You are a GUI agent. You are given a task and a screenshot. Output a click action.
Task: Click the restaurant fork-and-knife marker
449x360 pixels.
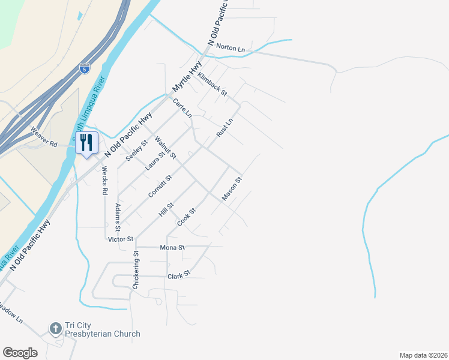pos(86,143)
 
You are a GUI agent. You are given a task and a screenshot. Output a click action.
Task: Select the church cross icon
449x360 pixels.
pos(55,328)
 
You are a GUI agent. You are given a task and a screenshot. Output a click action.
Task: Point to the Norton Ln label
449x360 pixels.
pos(231,47)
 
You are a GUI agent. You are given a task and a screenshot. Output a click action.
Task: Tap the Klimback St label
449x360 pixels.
pos(212,82)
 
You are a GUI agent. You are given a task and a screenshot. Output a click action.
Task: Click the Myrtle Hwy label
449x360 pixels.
pos(187,79)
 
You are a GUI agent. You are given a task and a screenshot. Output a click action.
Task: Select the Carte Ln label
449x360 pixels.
pos(182,108)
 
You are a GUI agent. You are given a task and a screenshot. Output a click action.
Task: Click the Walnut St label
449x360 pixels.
pos(165,148)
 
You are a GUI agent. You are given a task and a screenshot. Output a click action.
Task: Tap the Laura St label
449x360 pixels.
pos(154,161)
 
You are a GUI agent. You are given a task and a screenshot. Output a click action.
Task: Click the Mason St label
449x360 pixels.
pos(232,188)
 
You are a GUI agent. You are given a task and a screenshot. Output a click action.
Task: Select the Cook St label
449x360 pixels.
pos(187,217)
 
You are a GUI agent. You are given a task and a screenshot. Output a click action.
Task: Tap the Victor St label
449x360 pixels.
pos(120,239)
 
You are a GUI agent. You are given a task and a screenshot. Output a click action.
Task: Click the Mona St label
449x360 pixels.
pos(172,247)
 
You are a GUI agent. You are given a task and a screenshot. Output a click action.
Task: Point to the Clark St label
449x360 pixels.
pos(179,274)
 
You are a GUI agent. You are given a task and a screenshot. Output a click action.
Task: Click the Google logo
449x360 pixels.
pos(20,352)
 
